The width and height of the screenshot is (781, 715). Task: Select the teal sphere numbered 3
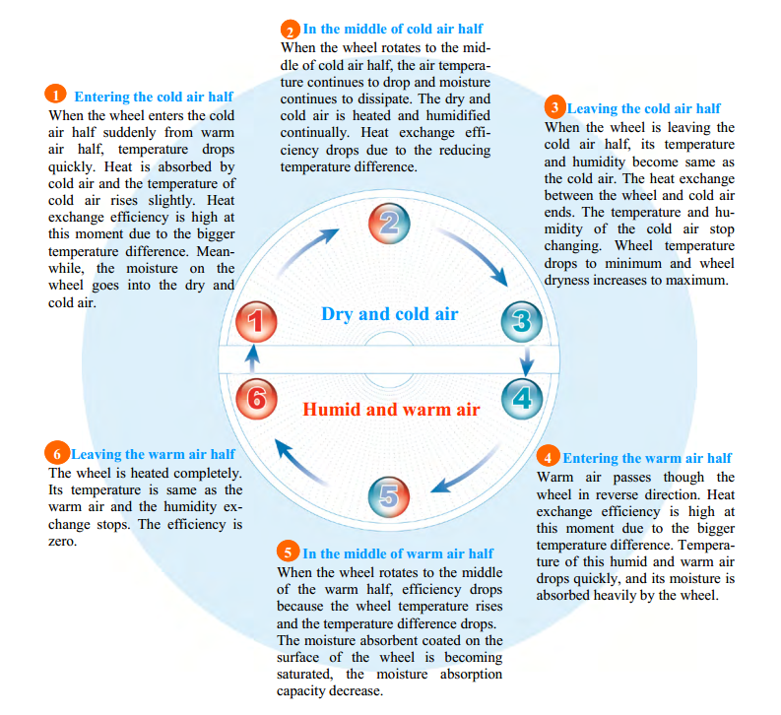pyautogui.click(x=522, y=319)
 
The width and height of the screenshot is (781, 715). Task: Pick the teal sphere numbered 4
pyautogui.click(x=522, y=397)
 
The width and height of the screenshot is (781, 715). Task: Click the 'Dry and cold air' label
pyautogui.click(x=389, y=314)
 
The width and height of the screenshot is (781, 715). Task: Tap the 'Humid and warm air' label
pyautogui.click(x=391, y=408)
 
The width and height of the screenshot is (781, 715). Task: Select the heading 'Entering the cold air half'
pyautogui.click(x=154, y=97)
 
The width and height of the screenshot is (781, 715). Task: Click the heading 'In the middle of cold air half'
pyautogui.click(x=393, y=29)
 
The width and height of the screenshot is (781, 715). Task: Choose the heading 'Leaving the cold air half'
pyautogui.click(x=644, y=108)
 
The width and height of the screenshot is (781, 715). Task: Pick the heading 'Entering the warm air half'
pyautogui.click(x=647, y=458)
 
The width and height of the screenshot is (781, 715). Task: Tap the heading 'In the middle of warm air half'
pyautogui.click(x=398, y=553)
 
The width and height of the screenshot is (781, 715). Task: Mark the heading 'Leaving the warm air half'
pyautogui.click(x=153, y=454)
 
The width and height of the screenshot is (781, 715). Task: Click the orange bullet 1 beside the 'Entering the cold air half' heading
pyautogui.click(x=56, y=96)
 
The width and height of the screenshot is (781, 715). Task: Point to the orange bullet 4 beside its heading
pyautogui.click(x=549, y=457)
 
